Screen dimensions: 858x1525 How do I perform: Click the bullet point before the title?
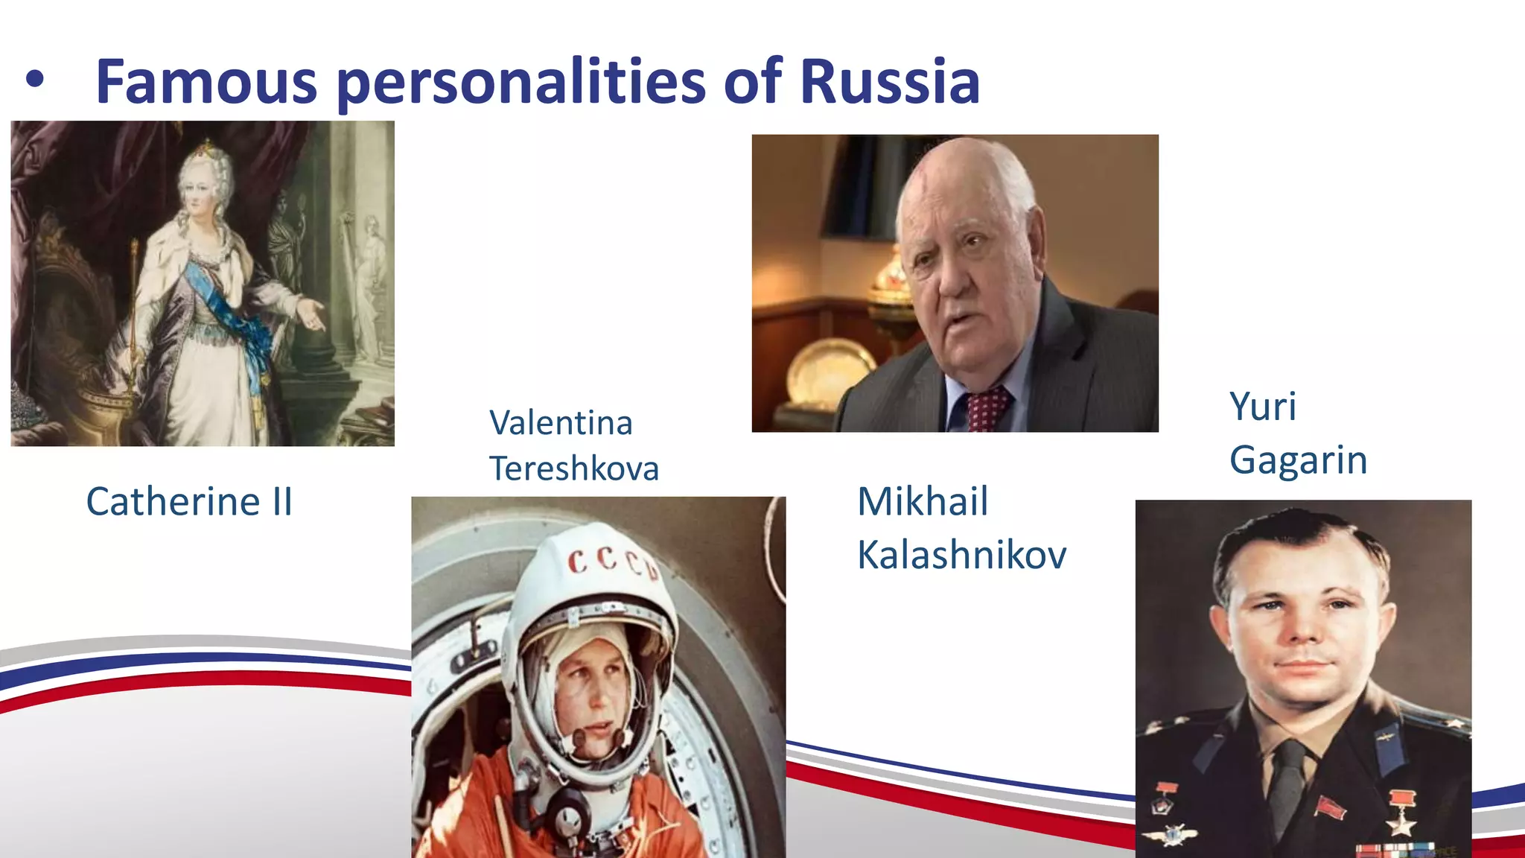(x=34, y=80)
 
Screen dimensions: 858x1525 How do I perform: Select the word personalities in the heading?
(x=520, y=83)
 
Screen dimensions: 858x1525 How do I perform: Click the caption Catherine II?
(x=189, y=501)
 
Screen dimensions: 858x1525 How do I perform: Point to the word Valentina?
(x=561, y=423)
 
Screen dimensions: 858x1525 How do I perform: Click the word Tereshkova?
(x=574, y=469)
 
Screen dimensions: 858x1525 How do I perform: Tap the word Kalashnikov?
(x=961, y=555)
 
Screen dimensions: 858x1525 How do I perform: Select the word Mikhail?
(x=923, y=501)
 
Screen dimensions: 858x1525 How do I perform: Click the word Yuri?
(x=1263, y=407)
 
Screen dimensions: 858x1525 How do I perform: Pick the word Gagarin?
(x=1298, y=460)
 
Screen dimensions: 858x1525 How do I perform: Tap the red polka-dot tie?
(x=987, y=410)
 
